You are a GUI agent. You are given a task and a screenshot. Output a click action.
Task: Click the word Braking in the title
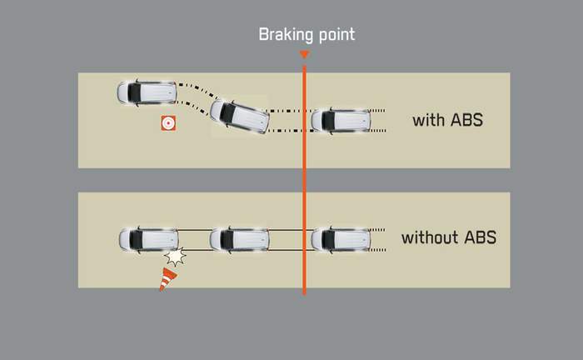pyautogui.click(x=287, y=34)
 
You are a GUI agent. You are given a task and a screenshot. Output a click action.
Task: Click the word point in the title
pyautogui.click(x=335, y=35)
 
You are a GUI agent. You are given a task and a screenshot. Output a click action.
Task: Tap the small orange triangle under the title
pyautogui.click(x=304, y=56)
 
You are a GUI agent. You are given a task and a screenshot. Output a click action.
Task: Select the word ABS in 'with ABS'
pyautogui.click(x=468, y=120)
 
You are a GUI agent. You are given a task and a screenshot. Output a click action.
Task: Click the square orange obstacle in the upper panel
pyautogui.click(x=169, y=123)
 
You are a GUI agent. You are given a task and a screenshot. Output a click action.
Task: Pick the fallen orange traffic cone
pyautogui.click(x=169, y=279)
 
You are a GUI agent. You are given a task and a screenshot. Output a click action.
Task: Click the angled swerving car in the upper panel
pyautogui.click(x=240, y=117)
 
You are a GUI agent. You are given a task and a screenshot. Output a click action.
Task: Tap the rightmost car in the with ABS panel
pyautogui.click(x=340, y=120)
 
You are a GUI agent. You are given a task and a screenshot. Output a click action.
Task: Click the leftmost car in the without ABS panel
pyautogui.click(x=148, y=239)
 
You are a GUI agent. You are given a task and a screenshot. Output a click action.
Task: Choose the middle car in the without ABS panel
pyautogui.click(x=239, y=239)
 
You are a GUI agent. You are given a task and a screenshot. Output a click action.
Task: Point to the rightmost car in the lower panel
pyautogui.click(x=340, y=239)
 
